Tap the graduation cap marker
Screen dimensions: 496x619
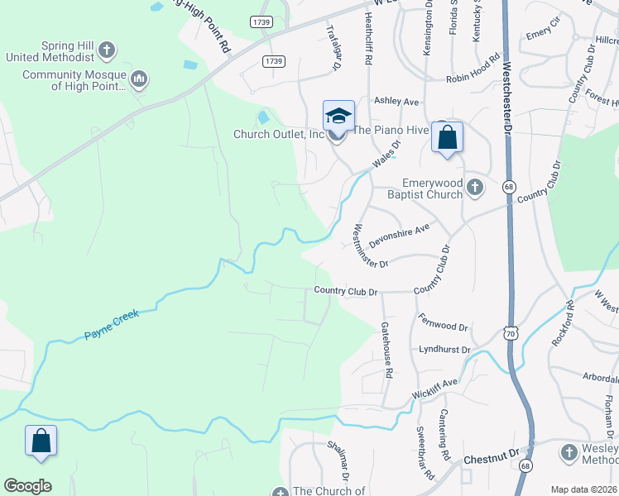coord(338,117)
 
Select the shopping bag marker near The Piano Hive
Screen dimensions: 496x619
coord(447,138)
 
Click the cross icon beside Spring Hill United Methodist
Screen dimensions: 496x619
coord(106,51)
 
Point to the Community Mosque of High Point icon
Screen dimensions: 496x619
coord(138,79)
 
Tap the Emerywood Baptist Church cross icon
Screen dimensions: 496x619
coord(474,187)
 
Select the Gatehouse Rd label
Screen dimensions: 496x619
coord(387,350)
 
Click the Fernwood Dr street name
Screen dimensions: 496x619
coord(444,322)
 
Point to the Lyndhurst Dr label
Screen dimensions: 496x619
coord(444,350)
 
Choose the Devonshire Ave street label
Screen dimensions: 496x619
coord(400,236)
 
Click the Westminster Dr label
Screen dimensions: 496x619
coord(370,246)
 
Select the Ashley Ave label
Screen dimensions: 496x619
coord(396,102)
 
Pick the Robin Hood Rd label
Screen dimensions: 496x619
coord(473,79)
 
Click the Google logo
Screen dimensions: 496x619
coord(28,486)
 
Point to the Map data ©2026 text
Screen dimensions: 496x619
coord(583,489)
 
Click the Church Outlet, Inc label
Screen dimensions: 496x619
coord(279,134)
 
